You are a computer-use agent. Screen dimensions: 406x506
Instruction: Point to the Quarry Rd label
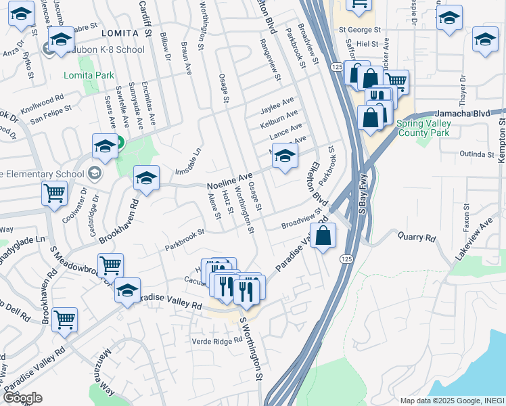coord(421,238)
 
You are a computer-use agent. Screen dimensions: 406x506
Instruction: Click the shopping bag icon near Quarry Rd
coord(323,236)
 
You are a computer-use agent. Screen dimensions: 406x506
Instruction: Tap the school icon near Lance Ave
coord(285,156)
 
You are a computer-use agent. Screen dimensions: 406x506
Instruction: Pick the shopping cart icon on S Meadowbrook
coord(110,265)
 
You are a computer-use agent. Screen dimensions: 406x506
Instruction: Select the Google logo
coord(22,398)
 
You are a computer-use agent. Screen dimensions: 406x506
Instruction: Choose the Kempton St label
coord(501,139)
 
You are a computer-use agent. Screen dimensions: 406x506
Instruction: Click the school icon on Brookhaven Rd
coord(146,179)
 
